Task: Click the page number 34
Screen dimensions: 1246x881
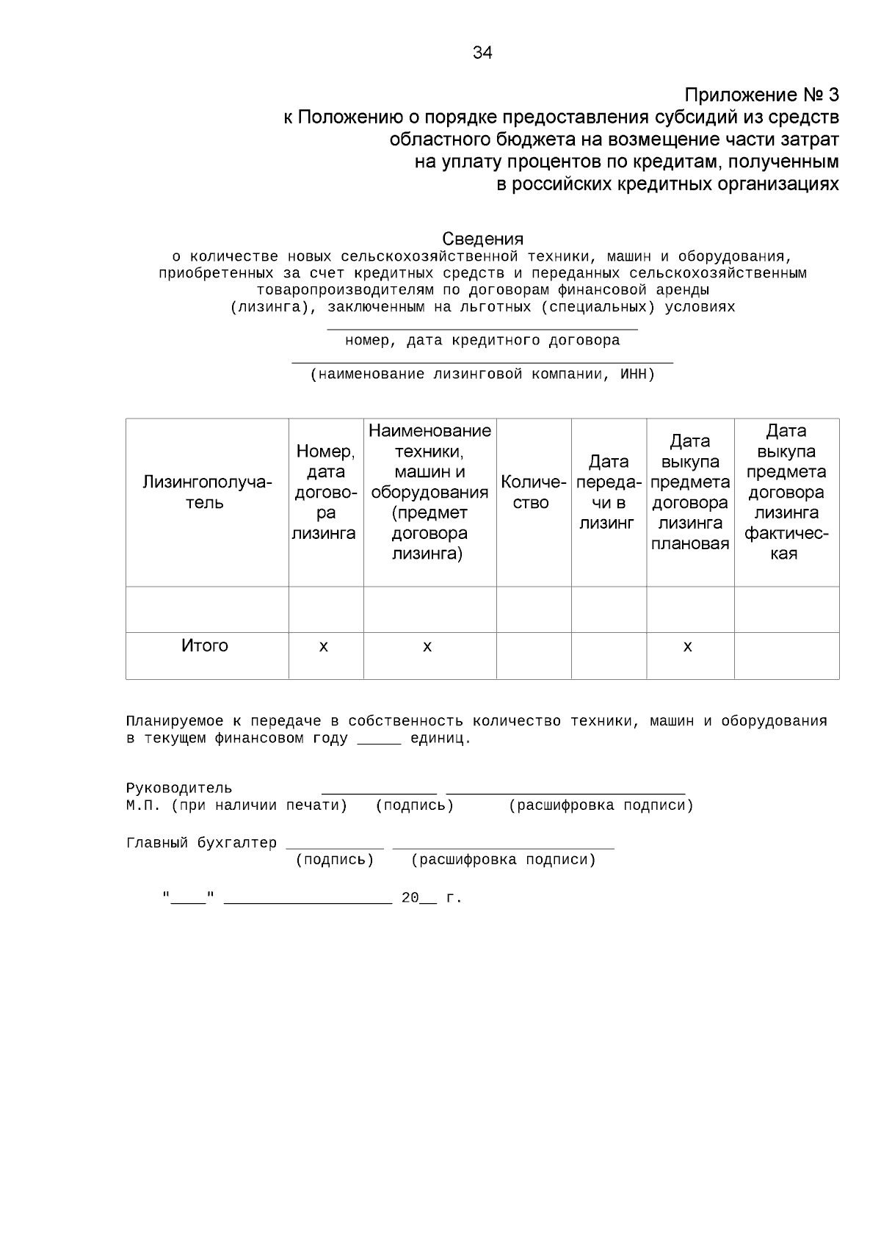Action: point(482,53)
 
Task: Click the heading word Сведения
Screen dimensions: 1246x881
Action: point(482,239)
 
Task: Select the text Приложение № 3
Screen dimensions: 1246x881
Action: point(761,95)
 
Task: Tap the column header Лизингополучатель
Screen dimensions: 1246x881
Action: point(206,493)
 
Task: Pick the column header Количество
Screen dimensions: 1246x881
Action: point(533,493)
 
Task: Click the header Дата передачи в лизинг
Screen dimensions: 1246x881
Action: point(609,493)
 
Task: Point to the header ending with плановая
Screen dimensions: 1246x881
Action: point(689,493)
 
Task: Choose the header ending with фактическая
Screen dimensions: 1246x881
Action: point(786,493)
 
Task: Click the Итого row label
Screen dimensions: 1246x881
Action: point(205,646)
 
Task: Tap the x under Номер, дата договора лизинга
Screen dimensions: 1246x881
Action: point(324,647)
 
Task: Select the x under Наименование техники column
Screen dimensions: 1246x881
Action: point(427,647)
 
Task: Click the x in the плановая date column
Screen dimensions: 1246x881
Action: point(688,647)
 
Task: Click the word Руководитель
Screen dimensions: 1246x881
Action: point(179,789)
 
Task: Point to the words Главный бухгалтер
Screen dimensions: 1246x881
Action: point(202,843)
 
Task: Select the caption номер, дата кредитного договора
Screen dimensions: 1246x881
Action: point(482,341)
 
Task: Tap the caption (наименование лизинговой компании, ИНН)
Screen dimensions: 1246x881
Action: point(482,374)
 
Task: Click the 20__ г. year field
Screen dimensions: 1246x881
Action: point(431,898)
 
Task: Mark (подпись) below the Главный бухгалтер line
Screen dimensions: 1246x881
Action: point(335,860)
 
